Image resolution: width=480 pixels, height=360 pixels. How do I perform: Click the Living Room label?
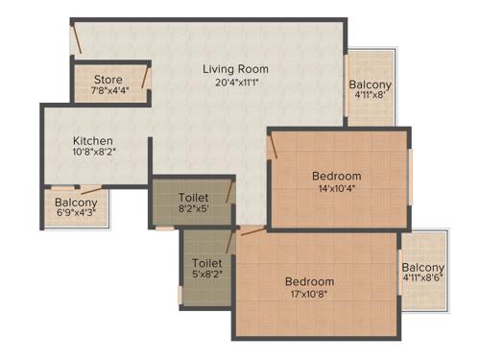pyautogui.click(x=235, y=69)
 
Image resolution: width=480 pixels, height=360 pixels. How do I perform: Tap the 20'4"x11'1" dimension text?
pyautogui.click(x=235, y=83)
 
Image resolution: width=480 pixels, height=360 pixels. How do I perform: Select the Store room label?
pyautogui.click(x=108, y=79)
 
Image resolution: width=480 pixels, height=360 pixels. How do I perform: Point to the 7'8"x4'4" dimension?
pyautogui.click(x=109, y=91)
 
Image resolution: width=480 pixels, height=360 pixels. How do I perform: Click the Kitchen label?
pyautogui.click(x=93, y=140)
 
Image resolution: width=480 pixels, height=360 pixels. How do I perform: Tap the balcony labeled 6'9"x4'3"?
pyautogui.click(x=76, y=203)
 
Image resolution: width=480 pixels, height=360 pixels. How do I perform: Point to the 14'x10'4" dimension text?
pyautogui.click(x=337, y=189)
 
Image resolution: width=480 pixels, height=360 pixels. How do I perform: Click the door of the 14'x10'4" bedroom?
pyautogui.click(x=274, y=145)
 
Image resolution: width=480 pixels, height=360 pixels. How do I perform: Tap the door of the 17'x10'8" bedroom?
pyautogui.click(x=252, y=230)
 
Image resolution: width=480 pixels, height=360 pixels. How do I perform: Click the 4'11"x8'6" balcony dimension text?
pyautogui.click(x=422, y=281)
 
